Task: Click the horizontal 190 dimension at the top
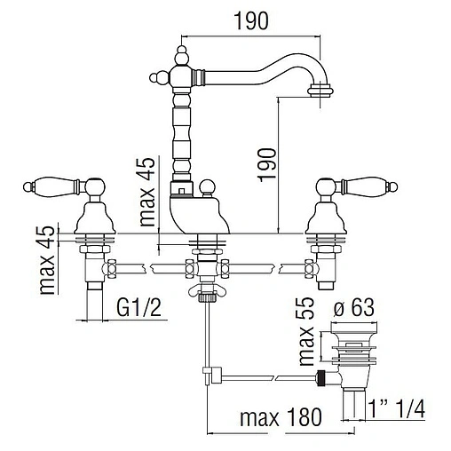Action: coord(251,20)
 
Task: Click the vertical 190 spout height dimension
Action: coord(267,165)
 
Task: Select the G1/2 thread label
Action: coord(139,307)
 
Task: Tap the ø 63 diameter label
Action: coord(353,307)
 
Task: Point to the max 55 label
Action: coord(305,331)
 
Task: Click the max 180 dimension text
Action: coord(281,417)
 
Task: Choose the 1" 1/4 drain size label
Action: coord(398,409)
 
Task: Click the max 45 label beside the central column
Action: coord(146,192)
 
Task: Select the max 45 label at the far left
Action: coord(47,260)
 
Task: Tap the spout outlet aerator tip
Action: coord(320,90)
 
